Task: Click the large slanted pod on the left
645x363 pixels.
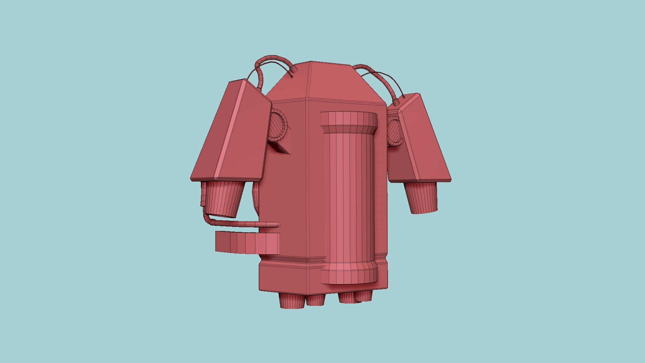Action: tap(235, 134)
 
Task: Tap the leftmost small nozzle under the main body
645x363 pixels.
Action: tap(292, 301)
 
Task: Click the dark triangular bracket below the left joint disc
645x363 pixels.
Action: tap(281, 148)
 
